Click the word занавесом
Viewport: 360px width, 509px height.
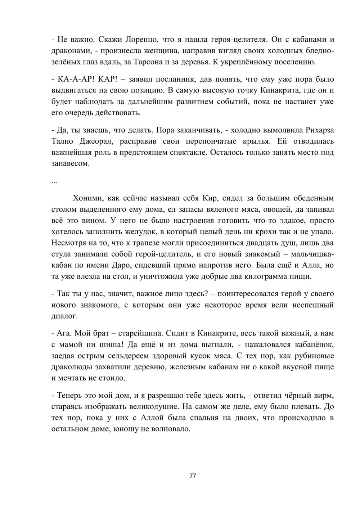pos(70,164)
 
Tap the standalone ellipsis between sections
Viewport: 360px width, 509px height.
pos(54,182)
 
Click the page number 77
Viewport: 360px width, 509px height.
pos(193,476)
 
